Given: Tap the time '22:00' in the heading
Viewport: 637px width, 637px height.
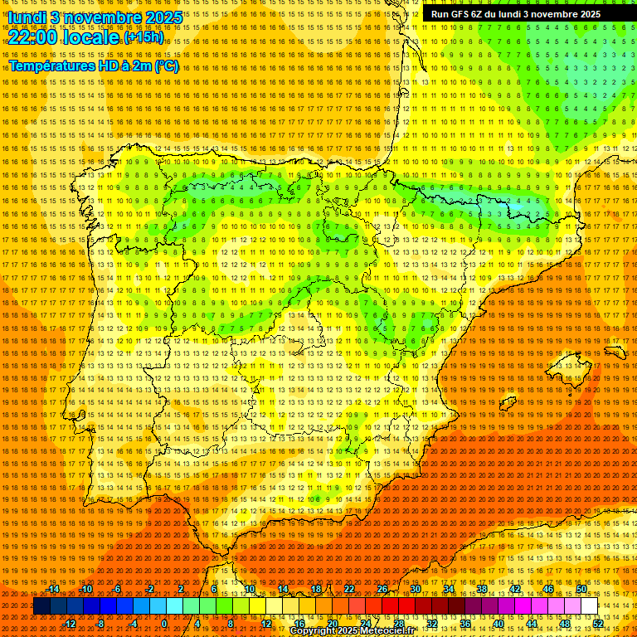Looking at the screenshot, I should click(33, 37).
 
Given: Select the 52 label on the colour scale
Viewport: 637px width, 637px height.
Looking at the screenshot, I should click(598, 623).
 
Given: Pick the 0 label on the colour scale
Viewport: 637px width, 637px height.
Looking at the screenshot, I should click(164, 623).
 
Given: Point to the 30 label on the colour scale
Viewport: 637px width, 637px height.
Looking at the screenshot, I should click(415, 589).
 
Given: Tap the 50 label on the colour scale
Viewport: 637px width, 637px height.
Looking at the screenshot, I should click(581, 589).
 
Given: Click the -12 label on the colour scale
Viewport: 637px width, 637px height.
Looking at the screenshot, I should click(70, 623).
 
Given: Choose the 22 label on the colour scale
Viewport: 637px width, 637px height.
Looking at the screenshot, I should click(349, 589).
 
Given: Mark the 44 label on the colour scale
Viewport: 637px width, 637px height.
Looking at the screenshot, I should click(532, 623).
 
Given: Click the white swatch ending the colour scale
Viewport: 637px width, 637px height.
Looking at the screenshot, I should click(590, 606).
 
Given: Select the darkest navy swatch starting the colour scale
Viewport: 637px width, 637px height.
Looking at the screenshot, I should click(41, 606).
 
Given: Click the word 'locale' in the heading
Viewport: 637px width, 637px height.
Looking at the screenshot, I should click(92, 37).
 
